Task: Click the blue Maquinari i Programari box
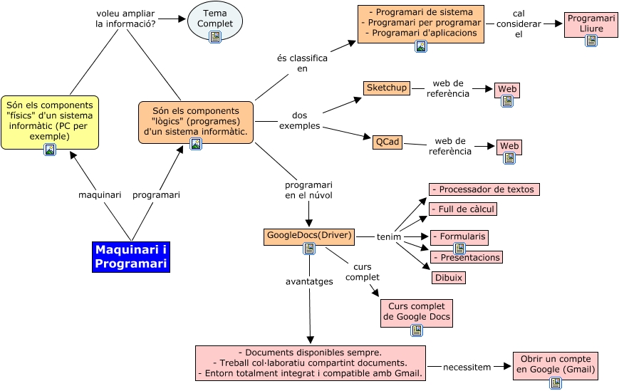click(x=131, y=257)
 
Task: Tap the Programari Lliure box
click(x=591, y=23)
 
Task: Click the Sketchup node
click(x=387, y=88)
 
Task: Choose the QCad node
click(x=387, y=142)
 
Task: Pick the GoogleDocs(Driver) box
click(x=308, y=235)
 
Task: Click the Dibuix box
click(x=449, y=278)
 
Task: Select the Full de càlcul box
click(x=463, y=209)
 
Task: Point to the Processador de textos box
click(x=484, y=189)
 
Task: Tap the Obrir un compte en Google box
click(x=555, y=365)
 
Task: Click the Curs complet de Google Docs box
click(x=417, y=311)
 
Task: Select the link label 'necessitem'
click(x=467, y=367)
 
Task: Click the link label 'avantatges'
click(x=309, y=281)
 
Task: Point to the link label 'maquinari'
click(x=99, y=194)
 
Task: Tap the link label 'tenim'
click(x=389, y=236)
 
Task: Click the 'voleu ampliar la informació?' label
click(x=125, y=19)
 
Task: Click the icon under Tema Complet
click(x=215, y=37)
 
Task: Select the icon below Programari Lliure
click(x=591, y=41)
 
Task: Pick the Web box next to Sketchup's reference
click(x=507, y=89)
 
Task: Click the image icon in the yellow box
click(x=50, y=150)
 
